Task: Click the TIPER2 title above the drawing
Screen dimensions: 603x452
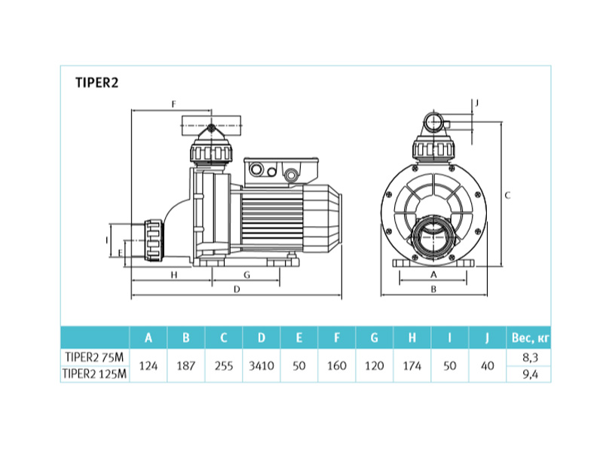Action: pos(97,83)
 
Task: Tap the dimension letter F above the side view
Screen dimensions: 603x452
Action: pos(174,104)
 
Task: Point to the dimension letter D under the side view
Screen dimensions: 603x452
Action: pos(237,289)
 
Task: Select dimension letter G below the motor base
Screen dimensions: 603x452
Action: pos(247,275)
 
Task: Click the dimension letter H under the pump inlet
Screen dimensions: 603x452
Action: pos(174,275)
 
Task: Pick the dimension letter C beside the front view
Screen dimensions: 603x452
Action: pos(507,196)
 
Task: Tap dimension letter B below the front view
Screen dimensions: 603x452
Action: pos(433,289)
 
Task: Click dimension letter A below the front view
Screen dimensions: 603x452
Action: pos(433,275)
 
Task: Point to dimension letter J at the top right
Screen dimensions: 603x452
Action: pos(477,103)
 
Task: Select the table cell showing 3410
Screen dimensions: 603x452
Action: pos(262,365)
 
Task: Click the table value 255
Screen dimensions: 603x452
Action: pos(224,365)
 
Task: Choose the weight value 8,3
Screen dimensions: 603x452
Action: pos(530,357)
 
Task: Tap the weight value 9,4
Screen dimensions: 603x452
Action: pos(530,374)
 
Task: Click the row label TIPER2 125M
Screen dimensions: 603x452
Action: pos(95,374)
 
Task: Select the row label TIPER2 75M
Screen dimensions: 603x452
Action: pos(95,357)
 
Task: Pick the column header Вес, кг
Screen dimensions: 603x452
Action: pos(531,337)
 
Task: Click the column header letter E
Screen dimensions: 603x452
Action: pos(298,337)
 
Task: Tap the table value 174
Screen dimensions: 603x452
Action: pos(412,365)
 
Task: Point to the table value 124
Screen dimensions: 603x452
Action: pos(148,365)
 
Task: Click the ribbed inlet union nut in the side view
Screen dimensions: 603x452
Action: pos(154,240)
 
